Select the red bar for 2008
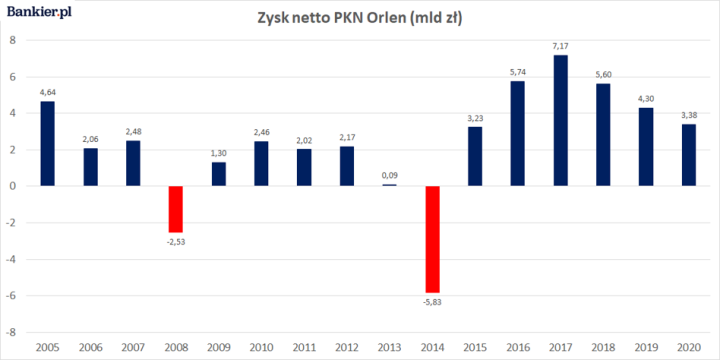click(176, 208)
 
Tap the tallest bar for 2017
click(561, 120)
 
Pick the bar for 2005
click(47, 143)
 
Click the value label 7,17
click(561, 47)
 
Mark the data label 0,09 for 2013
click(390, 176)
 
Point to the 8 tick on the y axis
click(13, 40)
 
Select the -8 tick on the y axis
click(11, 331)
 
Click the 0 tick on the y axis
click(13, 186)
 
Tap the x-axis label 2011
click(304, 346)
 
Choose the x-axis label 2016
click(518, 346)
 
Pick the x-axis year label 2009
click(218, 346)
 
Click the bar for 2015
click(475, 156)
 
